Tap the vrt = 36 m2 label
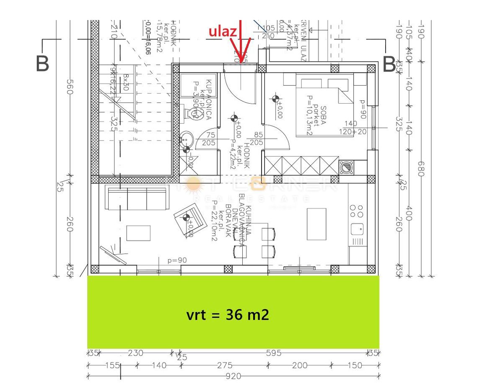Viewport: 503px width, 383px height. (x=228, y=315)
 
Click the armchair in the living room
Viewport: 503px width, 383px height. (x=191, y=219)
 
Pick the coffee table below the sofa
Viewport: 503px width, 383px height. (x=138, y=233)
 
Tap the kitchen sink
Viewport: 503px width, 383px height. (x=357, y=228)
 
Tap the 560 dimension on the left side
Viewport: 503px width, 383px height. (x=70, y=87)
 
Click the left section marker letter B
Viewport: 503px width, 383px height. (x=42, y=63)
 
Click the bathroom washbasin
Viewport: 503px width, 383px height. (x=186, y=139)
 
